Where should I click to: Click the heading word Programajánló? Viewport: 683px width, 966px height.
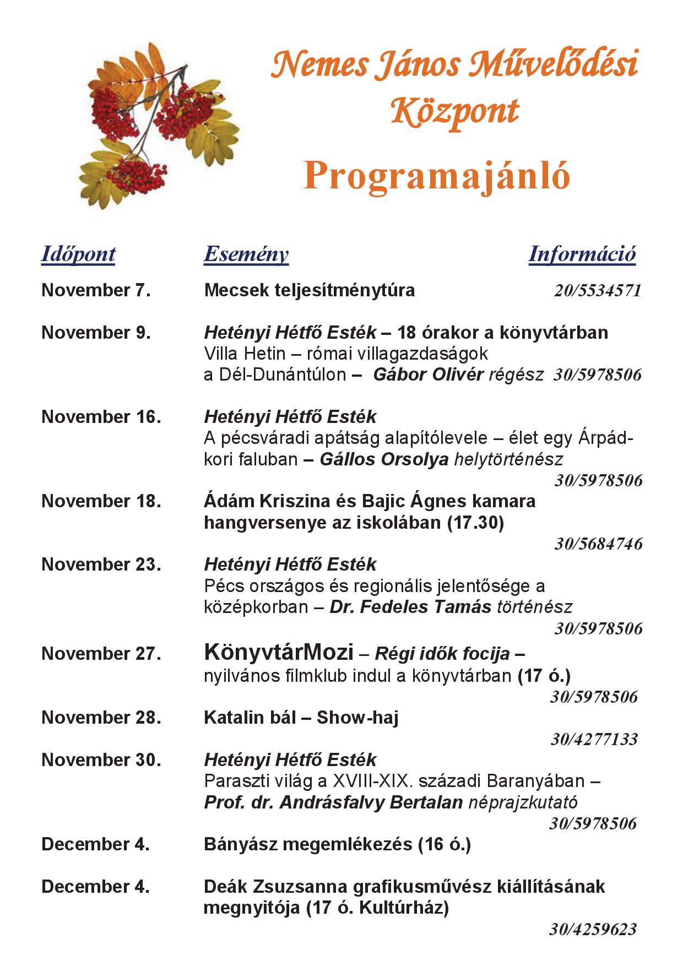[437, 176]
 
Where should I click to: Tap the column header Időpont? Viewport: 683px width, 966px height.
[78, 254]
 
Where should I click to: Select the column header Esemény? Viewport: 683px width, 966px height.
[246, 254]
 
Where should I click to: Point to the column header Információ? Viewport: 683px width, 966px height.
[582, 254]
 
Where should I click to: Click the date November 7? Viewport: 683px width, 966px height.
[96, 290]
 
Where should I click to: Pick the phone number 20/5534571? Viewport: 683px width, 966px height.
[598, 291]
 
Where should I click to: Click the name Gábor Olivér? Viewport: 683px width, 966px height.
[428, 375]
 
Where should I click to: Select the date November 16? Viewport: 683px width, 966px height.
[101, 417]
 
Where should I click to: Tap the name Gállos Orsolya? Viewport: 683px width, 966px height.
[384, 459]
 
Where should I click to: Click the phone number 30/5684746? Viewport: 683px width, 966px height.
[598, 544]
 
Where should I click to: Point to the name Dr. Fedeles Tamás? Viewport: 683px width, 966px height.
[410, 607]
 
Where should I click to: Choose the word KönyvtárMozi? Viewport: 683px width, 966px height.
[278, 653]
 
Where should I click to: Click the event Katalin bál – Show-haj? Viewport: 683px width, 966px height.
[301, 718]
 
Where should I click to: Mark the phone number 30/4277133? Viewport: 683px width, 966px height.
[594, 739]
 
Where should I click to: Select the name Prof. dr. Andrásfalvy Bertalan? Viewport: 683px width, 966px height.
[333, 802]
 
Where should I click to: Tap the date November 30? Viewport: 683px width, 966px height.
[101, 760]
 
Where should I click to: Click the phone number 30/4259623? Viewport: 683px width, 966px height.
[593, 930]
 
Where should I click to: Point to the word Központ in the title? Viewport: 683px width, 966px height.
[455, 112]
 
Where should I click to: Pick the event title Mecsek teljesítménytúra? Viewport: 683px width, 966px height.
[309, 290]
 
